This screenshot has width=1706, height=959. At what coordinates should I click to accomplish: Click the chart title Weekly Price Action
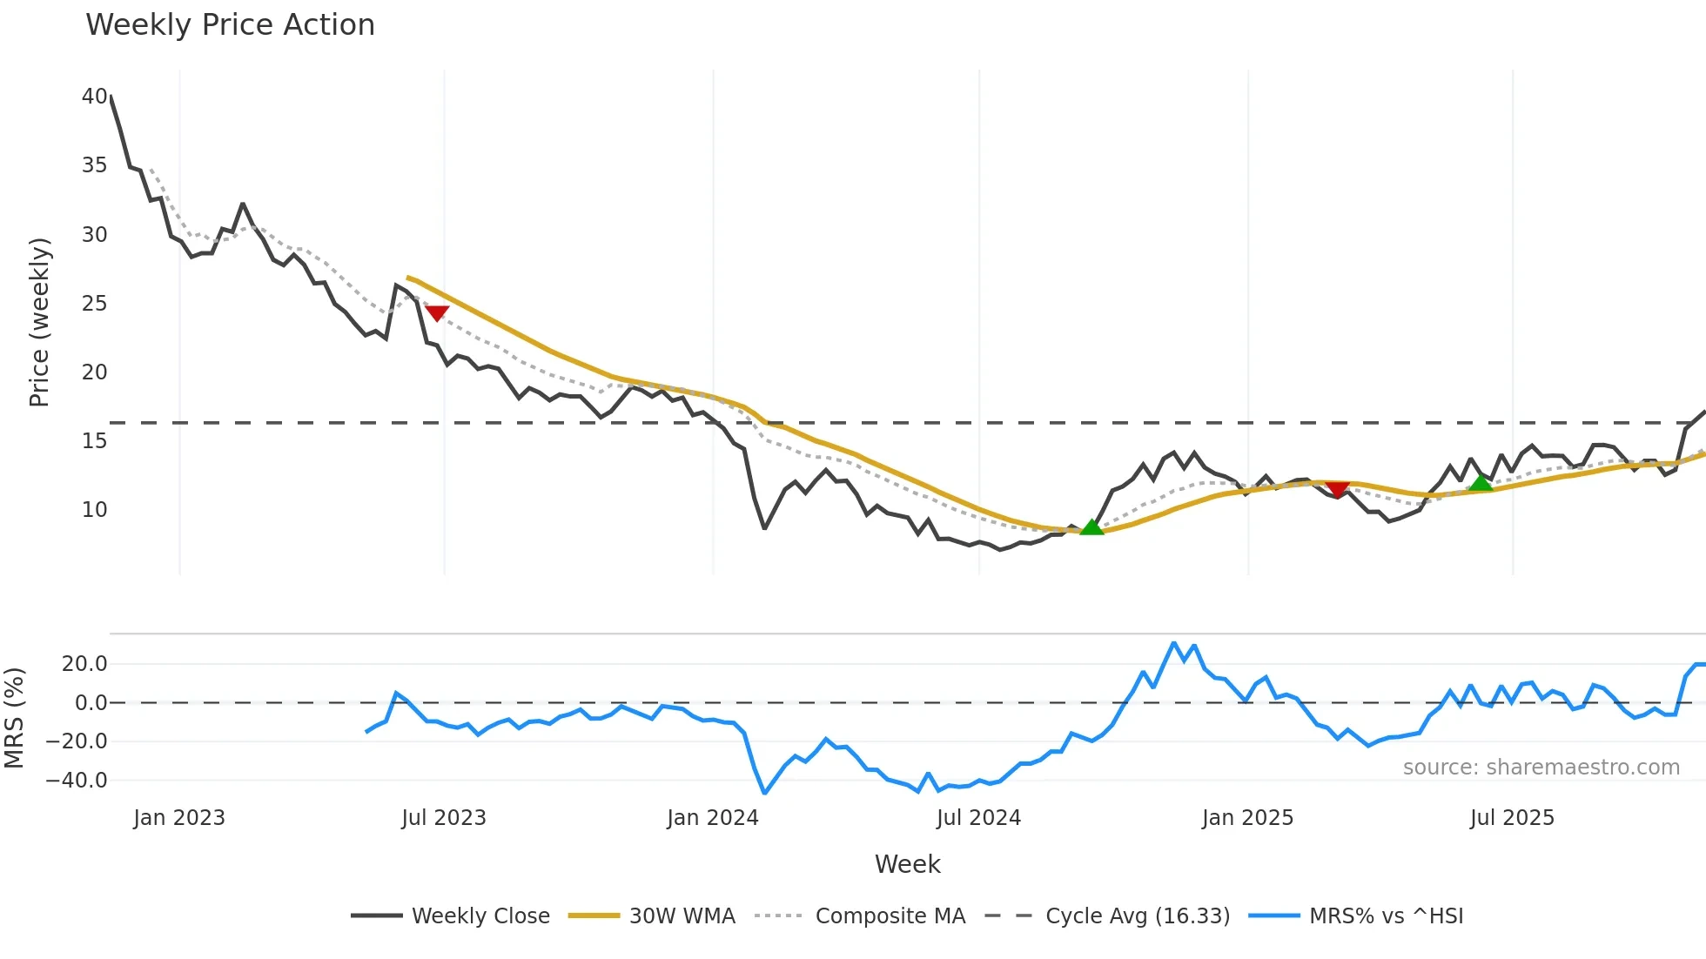[x=230, y=25]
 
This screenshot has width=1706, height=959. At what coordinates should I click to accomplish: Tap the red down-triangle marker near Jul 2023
[x=437, y=313]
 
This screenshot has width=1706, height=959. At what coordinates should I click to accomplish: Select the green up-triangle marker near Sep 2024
[x=1091, y=526]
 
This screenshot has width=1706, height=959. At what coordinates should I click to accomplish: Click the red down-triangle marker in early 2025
[x=1337, y=490]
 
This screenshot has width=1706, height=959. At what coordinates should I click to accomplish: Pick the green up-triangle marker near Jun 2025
[x=1481, y=483]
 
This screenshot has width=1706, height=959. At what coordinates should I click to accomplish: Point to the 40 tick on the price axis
[x=94, y=97]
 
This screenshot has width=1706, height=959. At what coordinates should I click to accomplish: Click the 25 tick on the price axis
[x=94, y=304]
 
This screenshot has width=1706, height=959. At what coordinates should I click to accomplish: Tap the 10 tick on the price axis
[x=94, y=510]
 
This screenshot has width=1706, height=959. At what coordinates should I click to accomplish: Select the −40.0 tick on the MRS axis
[x=77, y=781]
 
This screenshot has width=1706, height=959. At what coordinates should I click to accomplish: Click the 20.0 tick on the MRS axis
[x=84, y=664]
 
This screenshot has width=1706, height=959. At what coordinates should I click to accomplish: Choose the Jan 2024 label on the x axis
[x=713, y=818]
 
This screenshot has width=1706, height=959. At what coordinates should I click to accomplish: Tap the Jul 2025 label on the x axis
[x=1512, y=818]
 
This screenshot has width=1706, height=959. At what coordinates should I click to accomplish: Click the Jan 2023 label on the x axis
[x=179, y=818]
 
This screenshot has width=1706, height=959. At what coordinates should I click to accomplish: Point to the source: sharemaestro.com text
[x=1541, y=768]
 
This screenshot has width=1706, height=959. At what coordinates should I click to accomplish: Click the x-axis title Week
[x=907, y=864]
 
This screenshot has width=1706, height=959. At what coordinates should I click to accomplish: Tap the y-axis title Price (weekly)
[x=39, y=322]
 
